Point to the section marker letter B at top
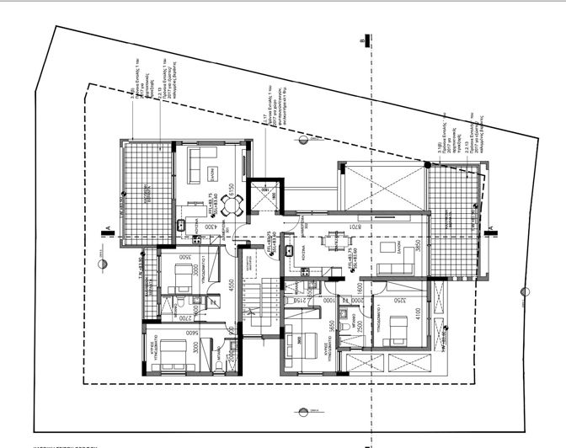pyautogui.click(x=361, y=40)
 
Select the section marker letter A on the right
pyautogui.click(x=489, y=227)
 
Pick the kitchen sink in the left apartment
pyautogui.click(x=180, y=226)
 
